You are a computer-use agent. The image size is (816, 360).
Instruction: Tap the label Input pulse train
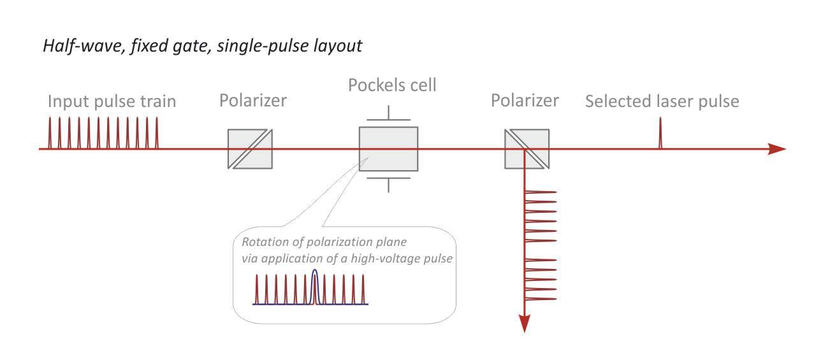(x=112, y=101)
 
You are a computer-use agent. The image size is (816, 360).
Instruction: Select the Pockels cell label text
(x=392, y=85)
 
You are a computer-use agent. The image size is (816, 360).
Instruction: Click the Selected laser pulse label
(x=662, y=101)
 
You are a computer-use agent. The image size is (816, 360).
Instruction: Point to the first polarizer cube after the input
(x=251, y=149)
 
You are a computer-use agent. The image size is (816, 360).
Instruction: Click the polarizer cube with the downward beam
(x=527, y=149)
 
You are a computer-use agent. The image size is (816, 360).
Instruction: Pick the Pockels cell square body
(x=388, y=149)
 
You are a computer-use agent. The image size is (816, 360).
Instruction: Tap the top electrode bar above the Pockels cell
(x=388, y=119)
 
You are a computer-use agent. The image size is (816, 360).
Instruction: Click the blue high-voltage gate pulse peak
(x=314, y=271)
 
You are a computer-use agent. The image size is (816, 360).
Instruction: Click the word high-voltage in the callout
(x=389, y=259)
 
